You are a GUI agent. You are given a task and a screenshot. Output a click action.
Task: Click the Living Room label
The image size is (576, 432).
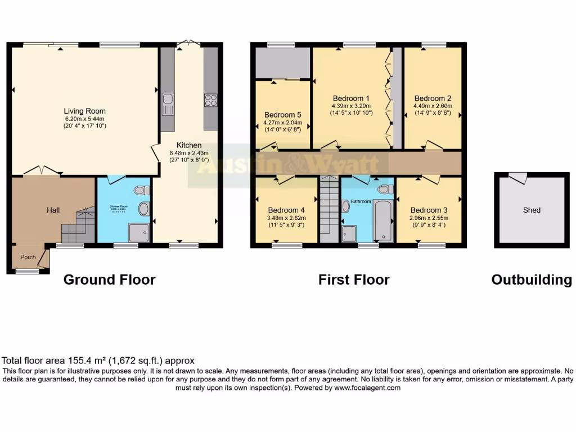(84, 111)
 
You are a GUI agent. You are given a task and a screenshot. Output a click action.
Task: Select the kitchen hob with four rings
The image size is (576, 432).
(211, 100)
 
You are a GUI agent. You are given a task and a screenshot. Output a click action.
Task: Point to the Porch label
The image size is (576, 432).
(28, 258)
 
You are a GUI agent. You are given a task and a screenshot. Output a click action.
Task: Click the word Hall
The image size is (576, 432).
(53, 210)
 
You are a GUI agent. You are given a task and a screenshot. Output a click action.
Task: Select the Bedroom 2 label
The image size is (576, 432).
(433, 98)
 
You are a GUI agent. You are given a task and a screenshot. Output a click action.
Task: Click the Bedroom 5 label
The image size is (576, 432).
(283, 115)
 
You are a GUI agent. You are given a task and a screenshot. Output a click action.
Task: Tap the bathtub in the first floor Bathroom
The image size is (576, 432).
(382, 219)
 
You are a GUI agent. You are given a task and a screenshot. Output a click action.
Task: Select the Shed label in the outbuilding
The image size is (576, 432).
(532, 210)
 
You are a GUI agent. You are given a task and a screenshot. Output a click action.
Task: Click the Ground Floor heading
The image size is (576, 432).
(109, 280)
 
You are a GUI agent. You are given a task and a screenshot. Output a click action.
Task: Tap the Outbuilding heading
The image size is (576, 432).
(532, 280)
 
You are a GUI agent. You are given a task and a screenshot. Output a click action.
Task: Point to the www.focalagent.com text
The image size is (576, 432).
(367, 388)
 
